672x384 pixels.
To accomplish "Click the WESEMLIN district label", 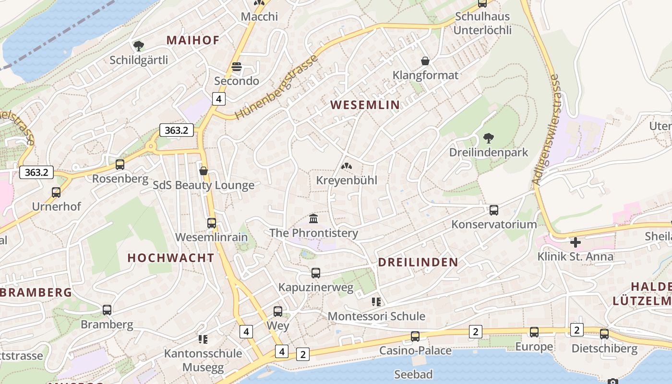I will point(365,105).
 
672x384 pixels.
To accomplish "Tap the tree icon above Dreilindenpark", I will point(489,139).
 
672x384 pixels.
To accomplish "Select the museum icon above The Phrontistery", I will point(313,219).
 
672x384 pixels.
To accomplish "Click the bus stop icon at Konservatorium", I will point(493,210).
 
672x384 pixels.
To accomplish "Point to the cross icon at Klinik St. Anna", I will point(575,242).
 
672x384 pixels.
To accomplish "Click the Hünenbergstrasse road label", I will point(277,87).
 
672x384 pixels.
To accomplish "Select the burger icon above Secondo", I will point(236,67).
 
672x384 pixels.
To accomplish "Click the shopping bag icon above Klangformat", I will point(425,61).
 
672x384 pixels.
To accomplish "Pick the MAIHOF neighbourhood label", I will point(193,40).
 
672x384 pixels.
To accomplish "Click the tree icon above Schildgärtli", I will point(139,46).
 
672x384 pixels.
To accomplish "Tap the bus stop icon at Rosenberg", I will point(120,165).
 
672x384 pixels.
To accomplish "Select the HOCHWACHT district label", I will point(171,258).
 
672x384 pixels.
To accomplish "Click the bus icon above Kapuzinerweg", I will point(315,273).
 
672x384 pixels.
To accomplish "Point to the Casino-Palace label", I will point(415,350).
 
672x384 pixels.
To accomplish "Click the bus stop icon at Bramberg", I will point(107,310).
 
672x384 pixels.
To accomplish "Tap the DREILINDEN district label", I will point(418,262).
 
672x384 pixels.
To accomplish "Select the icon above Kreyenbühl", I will point(346,166).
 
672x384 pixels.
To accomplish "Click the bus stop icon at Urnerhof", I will point(56,192).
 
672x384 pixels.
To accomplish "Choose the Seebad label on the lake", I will point(413,374).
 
